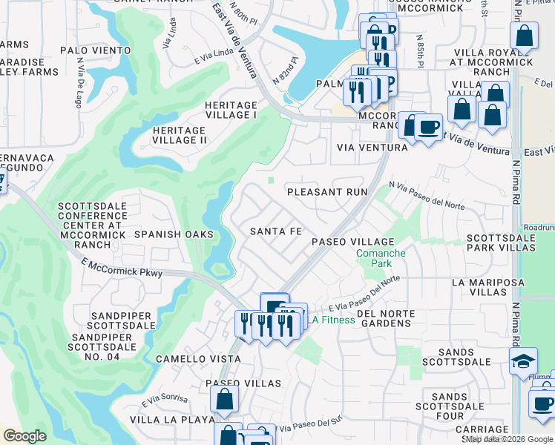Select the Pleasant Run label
coord(327,191)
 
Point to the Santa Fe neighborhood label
coord(275,231)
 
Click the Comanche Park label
coord(381,258)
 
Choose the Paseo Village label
coord(352,242)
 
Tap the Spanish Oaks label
coord(174,234)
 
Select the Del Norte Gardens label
coord(384,318)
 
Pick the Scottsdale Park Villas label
coord(500,243)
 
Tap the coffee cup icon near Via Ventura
coord(428,126)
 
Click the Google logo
coord(24,436)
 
